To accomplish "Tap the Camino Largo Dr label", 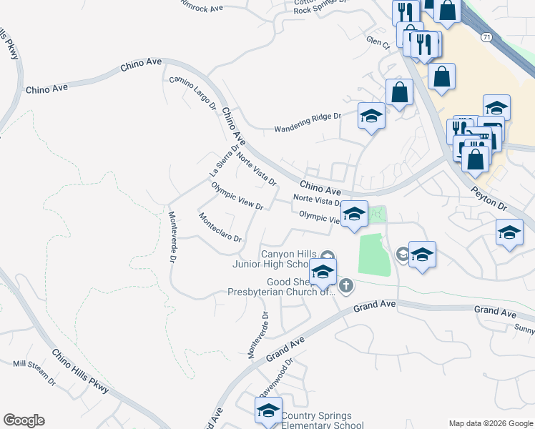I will (192, 93).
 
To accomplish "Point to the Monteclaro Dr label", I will (220, 227).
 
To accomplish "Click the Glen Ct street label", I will (376, 43).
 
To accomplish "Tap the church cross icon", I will (346, 287).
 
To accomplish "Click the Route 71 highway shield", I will (486, 36).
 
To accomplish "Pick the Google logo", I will (24, 420).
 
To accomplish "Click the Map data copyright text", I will (490, 423).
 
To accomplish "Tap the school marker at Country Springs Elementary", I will (268, 410).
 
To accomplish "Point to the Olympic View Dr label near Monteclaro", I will (237, 196).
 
